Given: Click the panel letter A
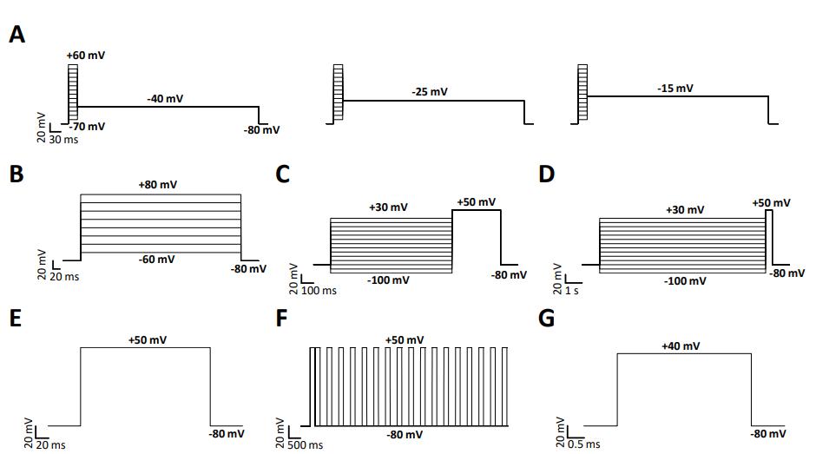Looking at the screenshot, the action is [17, 35].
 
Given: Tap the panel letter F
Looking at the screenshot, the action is [281, 318].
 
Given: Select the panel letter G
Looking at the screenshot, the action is [546, 318].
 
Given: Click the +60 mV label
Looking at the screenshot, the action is [86, 56].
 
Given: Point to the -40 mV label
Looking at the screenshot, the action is [165, 98].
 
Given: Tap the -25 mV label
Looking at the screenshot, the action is [430, 92].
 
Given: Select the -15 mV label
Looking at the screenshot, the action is [675, 88].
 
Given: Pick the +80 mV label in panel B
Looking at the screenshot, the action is [158, 184].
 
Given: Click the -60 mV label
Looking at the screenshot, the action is [156, 259].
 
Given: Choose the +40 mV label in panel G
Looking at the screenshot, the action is [681, 345].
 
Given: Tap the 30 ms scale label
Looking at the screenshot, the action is [63, 140].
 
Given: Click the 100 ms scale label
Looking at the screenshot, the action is [319, 290].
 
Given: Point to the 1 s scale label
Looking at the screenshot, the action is [572, 290].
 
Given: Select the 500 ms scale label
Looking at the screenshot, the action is [305, 445].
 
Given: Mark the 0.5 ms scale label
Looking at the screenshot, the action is [583, 444].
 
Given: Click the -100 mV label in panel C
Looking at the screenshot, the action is [388, 280].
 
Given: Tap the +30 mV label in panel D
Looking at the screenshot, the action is [685, 209].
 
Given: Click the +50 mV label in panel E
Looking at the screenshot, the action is [148, 340].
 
